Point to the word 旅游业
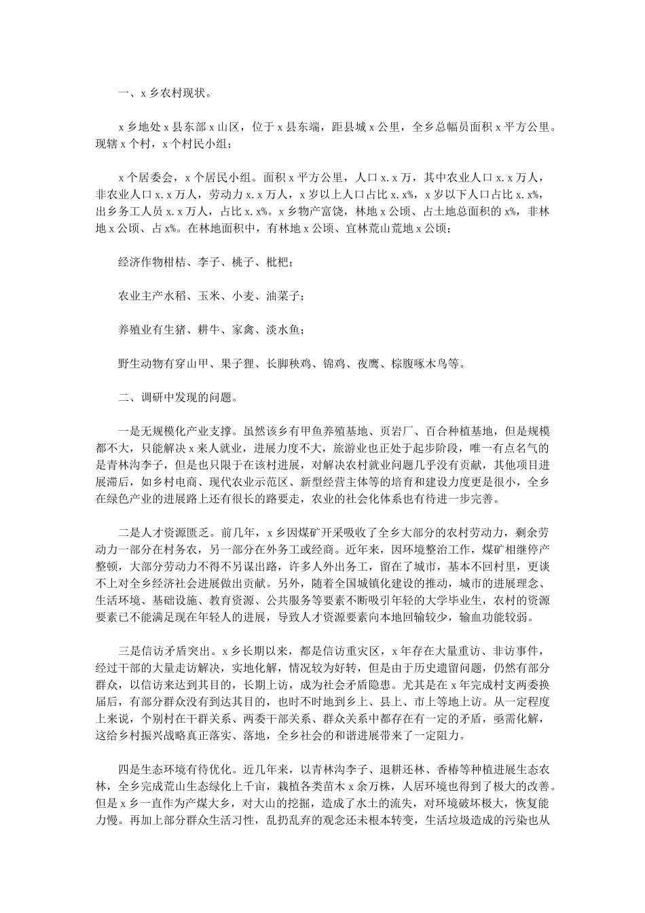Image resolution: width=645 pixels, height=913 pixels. point(342,448)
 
